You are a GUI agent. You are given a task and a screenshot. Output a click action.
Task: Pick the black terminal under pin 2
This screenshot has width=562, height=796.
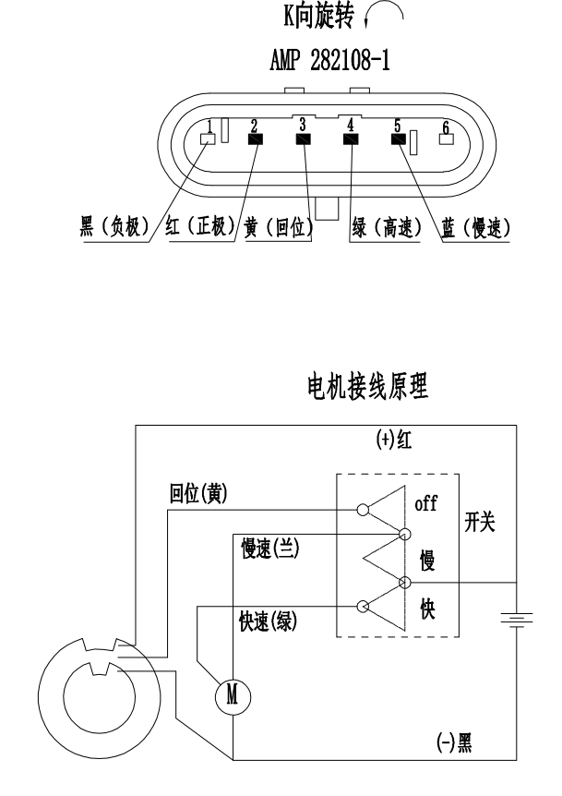(255, 139)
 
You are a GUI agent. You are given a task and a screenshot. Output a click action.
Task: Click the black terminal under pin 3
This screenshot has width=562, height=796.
(303, 139)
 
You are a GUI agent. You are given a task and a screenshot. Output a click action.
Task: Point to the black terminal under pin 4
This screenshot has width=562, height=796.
(351, 139)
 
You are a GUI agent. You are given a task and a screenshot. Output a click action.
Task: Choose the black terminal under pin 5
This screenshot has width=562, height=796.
(399, 139)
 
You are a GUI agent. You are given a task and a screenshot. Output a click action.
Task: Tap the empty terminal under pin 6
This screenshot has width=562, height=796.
(447, 140)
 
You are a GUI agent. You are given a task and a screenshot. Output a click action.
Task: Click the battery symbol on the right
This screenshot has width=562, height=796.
(510, 617)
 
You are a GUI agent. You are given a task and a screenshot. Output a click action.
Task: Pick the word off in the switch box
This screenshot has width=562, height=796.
(427, 506)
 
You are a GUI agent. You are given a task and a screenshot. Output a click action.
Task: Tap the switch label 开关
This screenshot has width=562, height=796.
(479, 522)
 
